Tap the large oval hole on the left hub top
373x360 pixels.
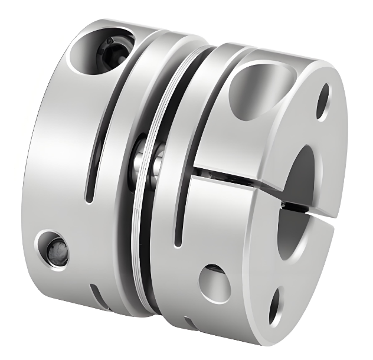click(97, 50)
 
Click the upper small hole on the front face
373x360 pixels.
click(323, 101)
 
